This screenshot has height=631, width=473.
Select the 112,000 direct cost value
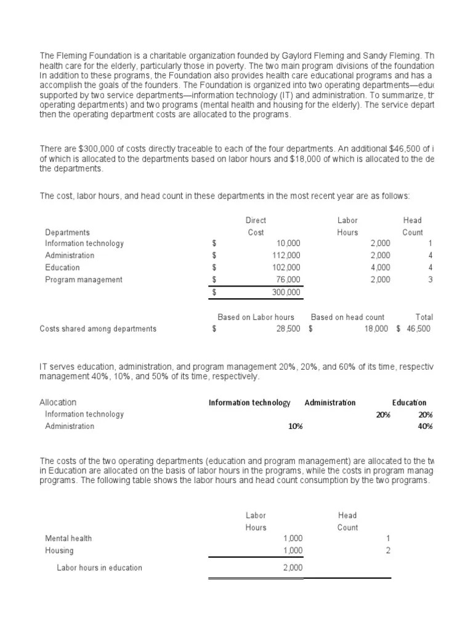click(x=286, y=255)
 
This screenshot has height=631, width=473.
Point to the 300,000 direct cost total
click(x=286, y=292)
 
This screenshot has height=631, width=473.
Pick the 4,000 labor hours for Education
click(x=379, y=267)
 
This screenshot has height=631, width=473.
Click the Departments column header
click(x=67, y=232)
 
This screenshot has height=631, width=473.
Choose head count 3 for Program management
click(x=431, y=280)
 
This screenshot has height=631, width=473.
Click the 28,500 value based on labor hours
click(x=288, y=328)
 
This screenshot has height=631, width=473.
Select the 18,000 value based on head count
click(x=376, y=328)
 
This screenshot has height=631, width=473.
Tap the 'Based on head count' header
click(x=347, y=317)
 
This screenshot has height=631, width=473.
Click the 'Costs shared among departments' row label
click(x=98, y=328)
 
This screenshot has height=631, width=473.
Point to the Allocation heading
click(x=58, y=402)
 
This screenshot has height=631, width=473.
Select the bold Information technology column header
click(x=249, y=402)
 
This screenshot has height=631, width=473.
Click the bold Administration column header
click(x=329, y=402)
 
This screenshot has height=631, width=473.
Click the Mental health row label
click(x=68, y=538)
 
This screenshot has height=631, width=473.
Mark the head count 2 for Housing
click(x=388, y=550)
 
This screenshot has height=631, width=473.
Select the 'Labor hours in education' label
click(x=99, y=568)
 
